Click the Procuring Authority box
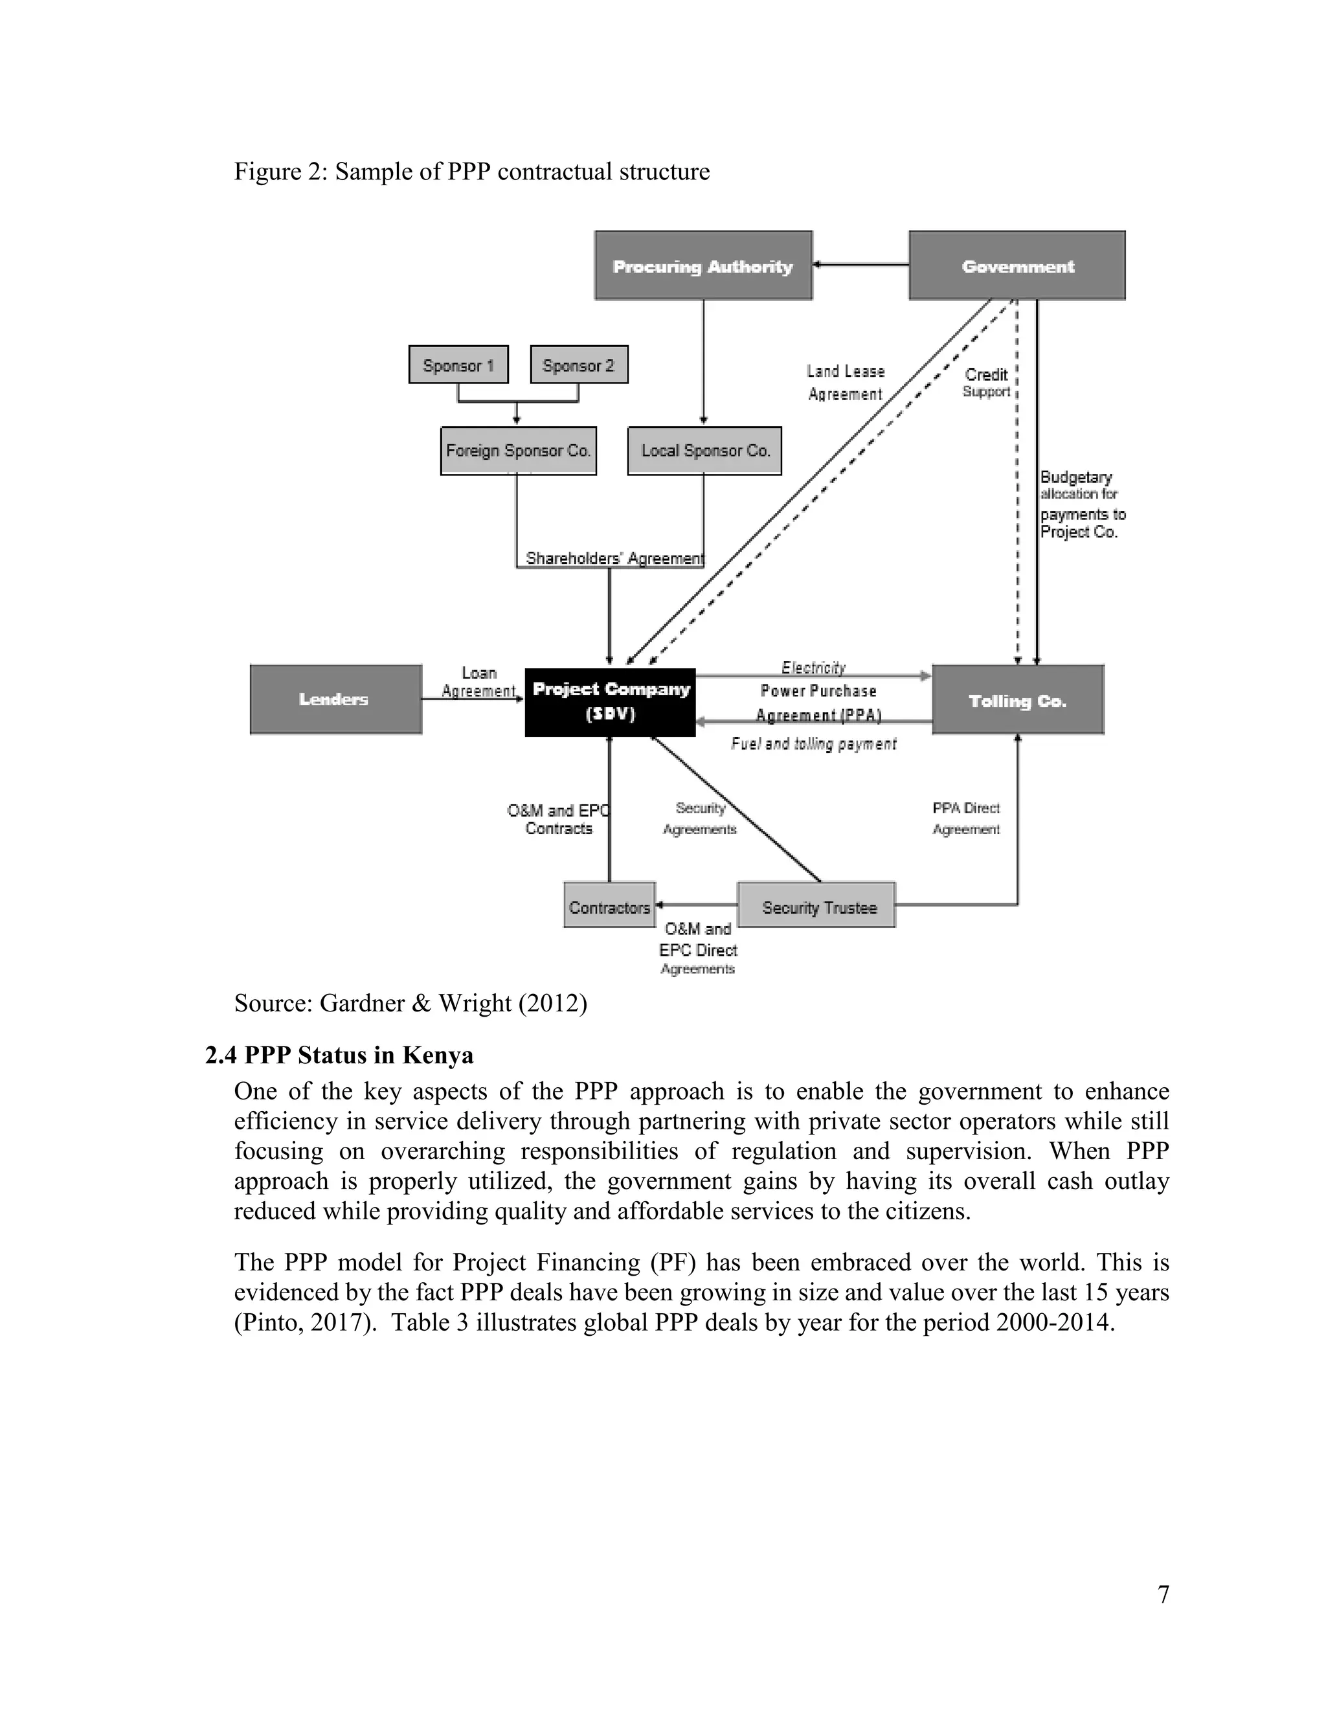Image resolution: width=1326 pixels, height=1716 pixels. pos(703,265)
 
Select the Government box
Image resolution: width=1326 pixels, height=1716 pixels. pos(1017,265)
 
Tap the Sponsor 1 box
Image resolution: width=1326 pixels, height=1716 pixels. pos(458,365)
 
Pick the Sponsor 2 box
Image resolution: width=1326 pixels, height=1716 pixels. pos(579,365)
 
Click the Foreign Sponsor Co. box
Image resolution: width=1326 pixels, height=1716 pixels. pos(518,450)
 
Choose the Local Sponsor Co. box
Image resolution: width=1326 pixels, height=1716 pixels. pos(704,450)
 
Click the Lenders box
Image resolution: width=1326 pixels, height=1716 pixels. pos(335,699)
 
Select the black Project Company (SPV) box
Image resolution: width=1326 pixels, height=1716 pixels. pos(611,702)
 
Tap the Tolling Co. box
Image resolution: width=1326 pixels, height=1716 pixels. pos(1017,700)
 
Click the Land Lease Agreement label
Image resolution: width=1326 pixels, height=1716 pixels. pos(845,383)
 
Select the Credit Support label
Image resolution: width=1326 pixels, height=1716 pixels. pos(987,383)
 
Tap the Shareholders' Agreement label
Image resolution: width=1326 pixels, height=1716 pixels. pos(614,558)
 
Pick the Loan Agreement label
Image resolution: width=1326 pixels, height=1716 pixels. pos(478,682)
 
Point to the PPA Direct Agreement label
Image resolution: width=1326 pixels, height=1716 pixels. pos(965,818)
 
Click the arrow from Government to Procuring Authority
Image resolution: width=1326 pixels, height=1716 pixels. pos(860,265)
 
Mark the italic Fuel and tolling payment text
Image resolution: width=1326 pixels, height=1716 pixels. pos(813,743)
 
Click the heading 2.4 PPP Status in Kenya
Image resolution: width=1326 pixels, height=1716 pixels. pos(339,1054)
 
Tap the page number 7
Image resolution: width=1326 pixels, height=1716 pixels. pos(1163,1594)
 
